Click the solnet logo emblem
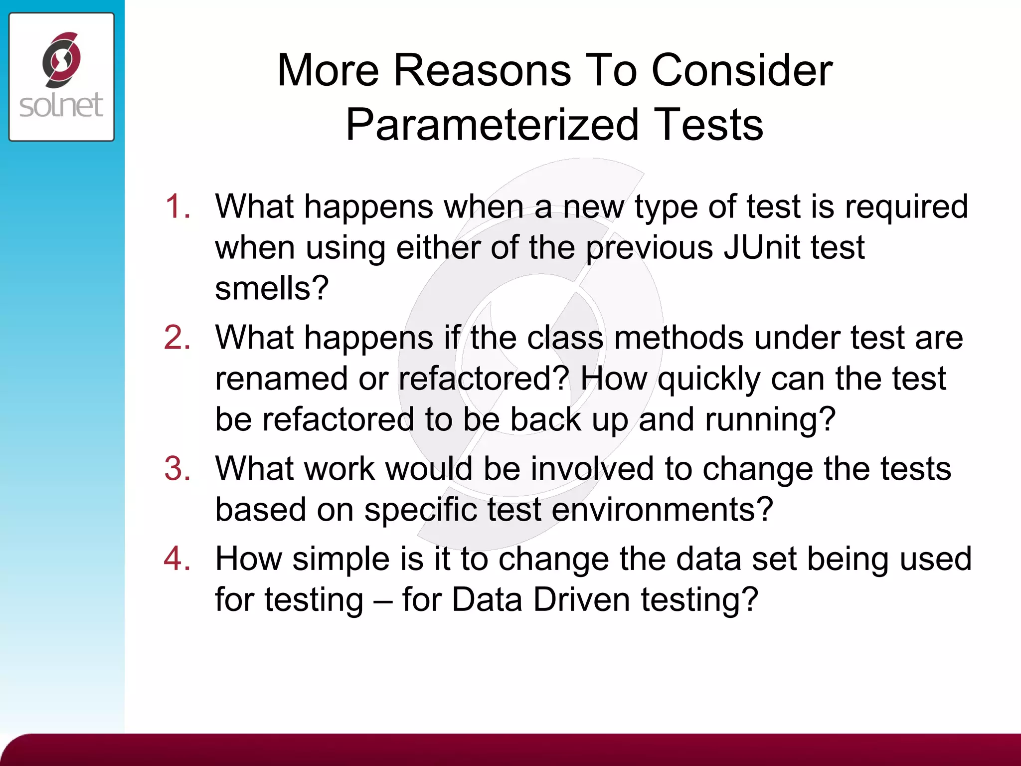(61, 59)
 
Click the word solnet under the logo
(61, 105)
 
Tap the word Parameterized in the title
(492, 125)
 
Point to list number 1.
(177, 206)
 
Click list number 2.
(177, 338)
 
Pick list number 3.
(177, 469)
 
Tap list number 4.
(177, 559)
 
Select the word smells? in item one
(272, 288)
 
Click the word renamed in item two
(281, 379)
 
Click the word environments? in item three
(662, 510)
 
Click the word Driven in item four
(581, 599)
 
